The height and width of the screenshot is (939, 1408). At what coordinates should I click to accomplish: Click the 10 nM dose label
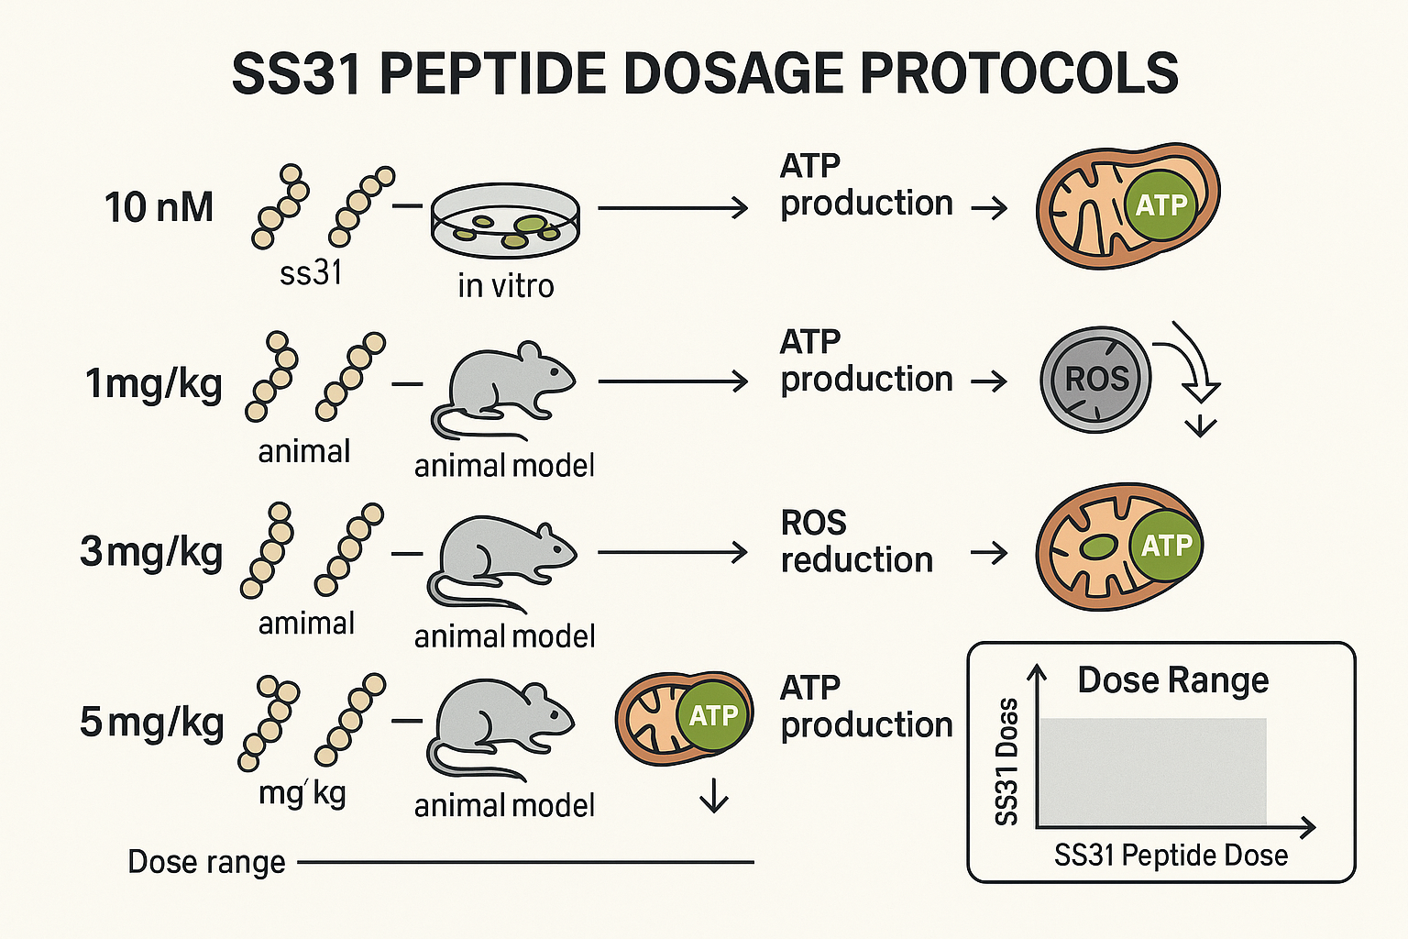[x=159, y=207]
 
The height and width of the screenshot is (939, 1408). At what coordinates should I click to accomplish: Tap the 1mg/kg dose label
[x=153, y=383]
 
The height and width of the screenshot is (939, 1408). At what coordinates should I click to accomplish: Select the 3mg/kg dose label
[x=151, y=552]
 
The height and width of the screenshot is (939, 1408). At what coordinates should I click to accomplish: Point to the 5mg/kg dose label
[x=151, y=723]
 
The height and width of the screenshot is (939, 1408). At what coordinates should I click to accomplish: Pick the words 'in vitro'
[x=505, y=286]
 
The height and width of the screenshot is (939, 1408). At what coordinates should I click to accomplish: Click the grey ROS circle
[x=1095, y=380]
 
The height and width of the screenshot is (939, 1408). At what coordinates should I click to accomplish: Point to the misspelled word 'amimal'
[x=306, y=624]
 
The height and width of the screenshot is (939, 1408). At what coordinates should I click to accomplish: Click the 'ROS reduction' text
[x=856, y=541]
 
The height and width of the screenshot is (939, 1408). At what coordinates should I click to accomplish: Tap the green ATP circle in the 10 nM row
[x=1161, y=204]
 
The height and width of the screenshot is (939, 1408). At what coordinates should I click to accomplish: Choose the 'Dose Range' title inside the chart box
[x=1172, y=680]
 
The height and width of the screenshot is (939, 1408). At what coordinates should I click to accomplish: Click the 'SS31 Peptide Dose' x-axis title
[x=1171, y=856]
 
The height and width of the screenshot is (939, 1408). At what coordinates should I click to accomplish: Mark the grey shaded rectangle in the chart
[x=1152, y=771]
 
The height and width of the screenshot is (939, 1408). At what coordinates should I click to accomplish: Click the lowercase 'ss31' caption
[x=311, y=272]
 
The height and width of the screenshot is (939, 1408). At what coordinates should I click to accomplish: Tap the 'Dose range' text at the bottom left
[x=206, y=862]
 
